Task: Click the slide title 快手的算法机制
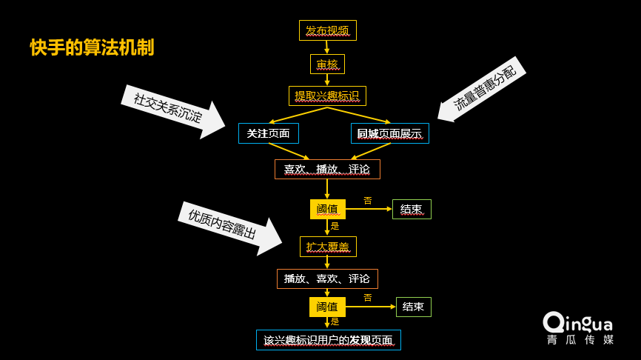[x=93, y=47]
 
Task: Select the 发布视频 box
[x=327, y=30]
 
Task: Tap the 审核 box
[x=327, y=64]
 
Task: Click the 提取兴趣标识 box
[x=327, y=96]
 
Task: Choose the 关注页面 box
[x=268, y=133]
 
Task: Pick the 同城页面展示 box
[x=389, y=133]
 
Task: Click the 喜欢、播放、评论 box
[x=327, y=169]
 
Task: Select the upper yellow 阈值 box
[x=327, y=209]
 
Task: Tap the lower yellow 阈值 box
[x=327, y=307]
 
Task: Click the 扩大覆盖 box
[x=327, y=247]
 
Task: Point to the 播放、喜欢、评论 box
[x=327, y=279]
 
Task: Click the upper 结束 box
[x=412, y=209]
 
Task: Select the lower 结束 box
[x=413, y=307]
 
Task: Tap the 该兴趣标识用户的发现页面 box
[x=328, y=340]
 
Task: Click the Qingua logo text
[x=578, y=323]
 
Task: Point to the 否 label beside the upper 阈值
[x=368, y=201]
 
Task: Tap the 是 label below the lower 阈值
[x=335, y=321]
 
